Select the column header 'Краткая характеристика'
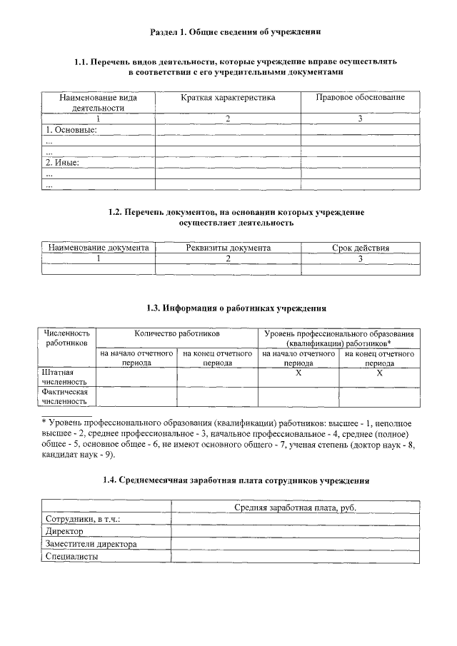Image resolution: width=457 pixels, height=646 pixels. tap(228, 97)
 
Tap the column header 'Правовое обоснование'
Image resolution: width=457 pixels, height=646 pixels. tap(360, 97)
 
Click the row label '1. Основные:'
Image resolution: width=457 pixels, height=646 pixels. tap(71, 130)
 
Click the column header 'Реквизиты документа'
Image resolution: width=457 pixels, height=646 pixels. tap(228, 248)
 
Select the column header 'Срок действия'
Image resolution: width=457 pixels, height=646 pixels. tap(361, 248)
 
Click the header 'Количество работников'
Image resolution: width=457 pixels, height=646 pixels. tap(176, 333)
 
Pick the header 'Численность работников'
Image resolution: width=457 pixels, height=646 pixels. tap(67, 338)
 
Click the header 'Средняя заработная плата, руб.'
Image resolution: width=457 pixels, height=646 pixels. tap(295, 507)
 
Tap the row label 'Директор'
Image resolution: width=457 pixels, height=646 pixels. tap(64, 532)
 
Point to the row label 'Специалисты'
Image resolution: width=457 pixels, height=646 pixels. tap(71, 557)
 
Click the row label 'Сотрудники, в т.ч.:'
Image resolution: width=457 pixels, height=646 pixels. tap(82, 519)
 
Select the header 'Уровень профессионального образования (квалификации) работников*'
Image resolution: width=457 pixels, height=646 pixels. tap(339, 338)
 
